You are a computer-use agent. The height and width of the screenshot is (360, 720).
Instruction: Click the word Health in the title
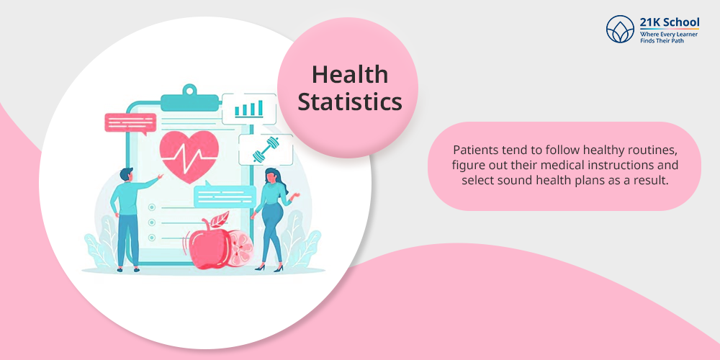tap(350, 74)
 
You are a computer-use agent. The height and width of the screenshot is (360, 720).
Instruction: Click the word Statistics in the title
tap(350, 102)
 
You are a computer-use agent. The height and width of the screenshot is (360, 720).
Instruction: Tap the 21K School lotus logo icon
tap(620, 29)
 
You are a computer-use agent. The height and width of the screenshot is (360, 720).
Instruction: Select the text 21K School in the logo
tap(670, 22)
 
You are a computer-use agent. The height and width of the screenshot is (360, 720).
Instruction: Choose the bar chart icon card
tap(249, 109)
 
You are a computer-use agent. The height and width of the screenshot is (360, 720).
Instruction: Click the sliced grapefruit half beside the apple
tap(240, 251)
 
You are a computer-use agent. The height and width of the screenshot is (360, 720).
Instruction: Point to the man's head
tap(126, 175)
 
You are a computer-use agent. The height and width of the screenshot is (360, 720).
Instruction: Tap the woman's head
tap(272, 176)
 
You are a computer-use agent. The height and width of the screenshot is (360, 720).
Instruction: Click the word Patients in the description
tap(472, 150)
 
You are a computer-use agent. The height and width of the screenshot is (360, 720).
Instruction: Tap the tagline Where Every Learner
tap(669, 35)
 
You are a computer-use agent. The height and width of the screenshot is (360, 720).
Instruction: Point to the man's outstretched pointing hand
tap(160, 176)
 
